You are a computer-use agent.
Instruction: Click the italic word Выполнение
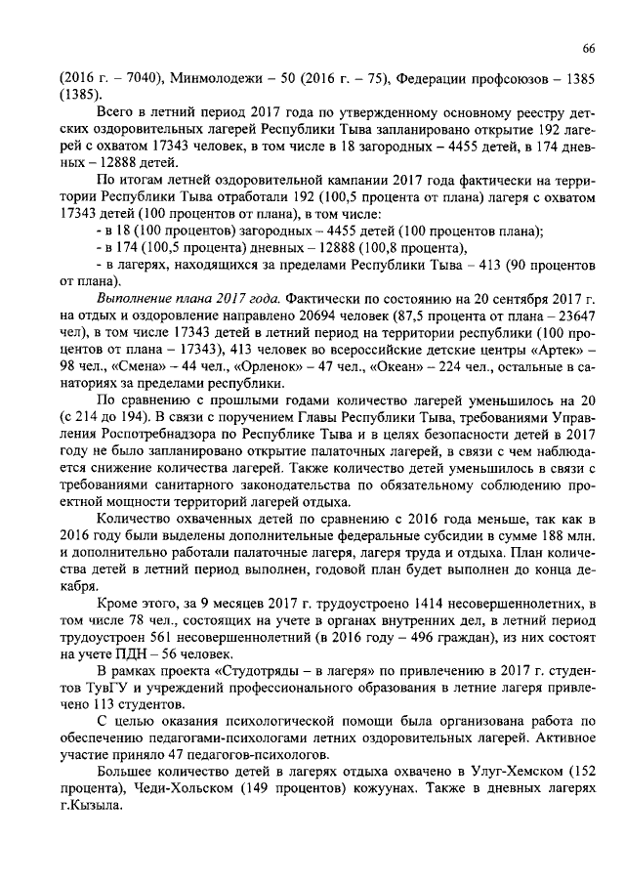(131, 297)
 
